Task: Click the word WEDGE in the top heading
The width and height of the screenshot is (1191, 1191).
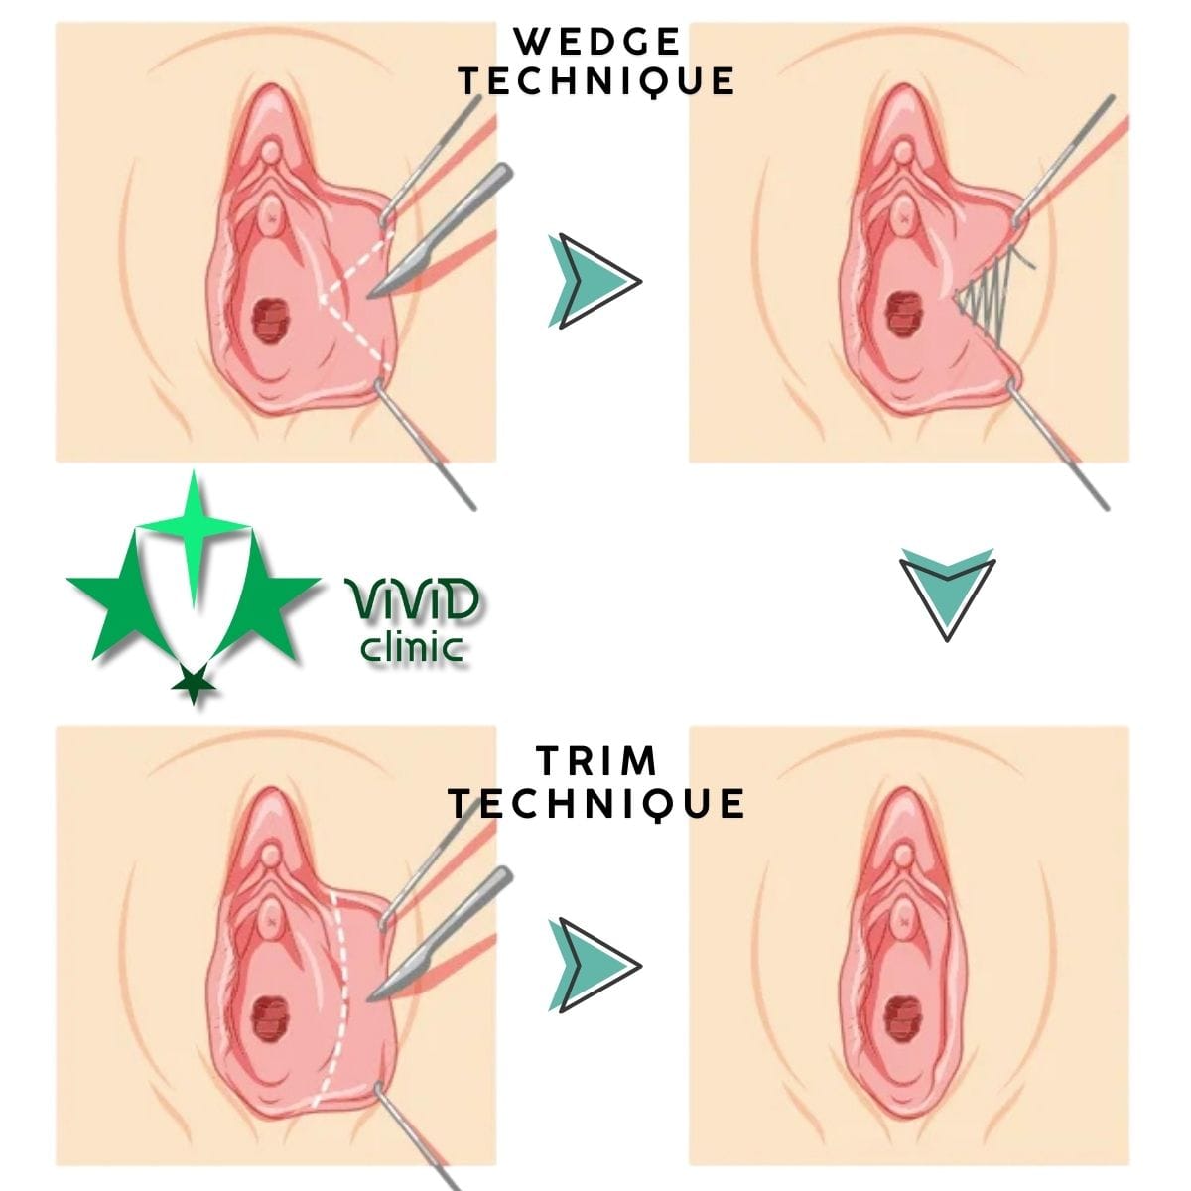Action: click(597, 42)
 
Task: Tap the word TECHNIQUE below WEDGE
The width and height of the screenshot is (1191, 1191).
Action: click(597, 81)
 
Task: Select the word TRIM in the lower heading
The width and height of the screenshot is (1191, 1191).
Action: click(597, 760)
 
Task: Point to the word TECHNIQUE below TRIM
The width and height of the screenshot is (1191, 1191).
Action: click(597, 803)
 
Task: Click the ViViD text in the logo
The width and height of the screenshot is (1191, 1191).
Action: click(411, 598)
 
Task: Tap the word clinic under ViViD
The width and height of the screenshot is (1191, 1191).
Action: click(412, 646)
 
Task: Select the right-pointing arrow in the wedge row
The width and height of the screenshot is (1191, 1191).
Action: click(595, 281)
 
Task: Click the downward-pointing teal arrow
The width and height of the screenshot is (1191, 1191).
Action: click(948, 595)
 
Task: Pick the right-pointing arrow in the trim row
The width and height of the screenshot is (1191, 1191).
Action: click(595, 965)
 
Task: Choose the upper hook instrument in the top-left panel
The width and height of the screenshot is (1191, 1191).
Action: click(432, 158)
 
